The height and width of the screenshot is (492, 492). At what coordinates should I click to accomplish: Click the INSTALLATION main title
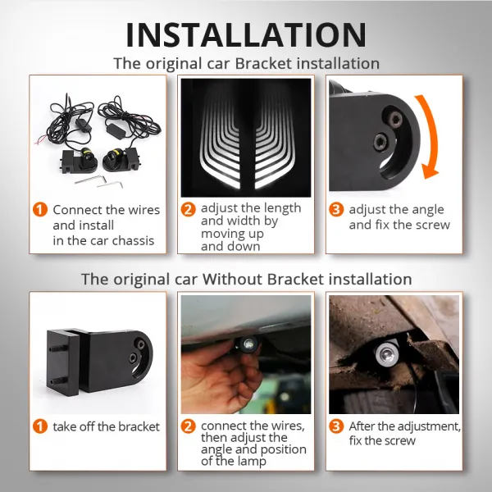246,34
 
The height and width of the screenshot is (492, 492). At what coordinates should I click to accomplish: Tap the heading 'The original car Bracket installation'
246,63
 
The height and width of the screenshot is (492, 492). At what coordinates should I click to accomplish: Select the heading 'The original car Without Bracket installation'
246,279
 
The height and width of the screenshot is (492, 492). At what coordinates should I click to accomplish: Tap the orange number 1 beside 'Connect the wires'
40,210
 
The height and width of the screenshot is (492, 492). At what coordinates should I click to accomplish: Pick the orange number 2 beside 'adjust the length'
189,209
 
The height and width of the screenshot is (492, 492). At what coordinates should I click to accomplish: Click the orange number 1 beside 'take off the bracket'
40,426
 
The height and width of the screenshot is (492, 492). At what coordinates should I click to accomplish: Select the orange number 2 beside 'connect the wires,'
189,426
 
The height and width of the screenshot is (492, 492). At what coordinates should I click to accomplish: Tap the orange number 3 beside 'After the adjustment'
335,426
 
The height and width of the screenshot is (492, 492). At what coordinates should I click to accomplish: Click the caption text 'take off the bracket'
107,426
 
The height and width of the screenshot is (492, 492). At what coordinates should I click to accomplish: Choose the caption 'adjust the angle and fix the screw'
399,217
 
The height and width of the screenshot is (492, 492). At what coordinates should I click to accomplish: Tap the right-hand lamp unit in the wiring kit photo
117,158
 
